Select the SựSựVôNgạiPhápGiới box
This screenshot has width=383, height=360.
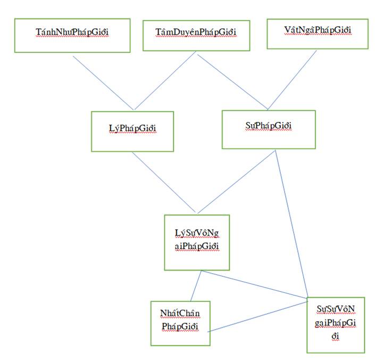[x=336, y=324]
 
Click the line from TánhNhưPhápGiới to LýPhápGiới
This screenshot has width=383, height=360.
[x=103, y=82]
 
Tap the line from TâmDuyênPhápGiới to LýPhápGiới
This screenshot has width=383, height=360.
[x=165, y=80]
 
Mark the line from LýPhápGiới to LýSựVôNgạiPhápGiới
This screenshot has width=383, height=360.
[x=165, y=183]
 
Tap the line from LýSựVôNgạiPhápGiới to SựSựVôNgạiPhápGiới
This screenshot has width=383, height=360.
[x=254, y=284]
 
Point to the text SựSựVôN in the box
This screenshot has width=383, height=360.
[x=336, y=309]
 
